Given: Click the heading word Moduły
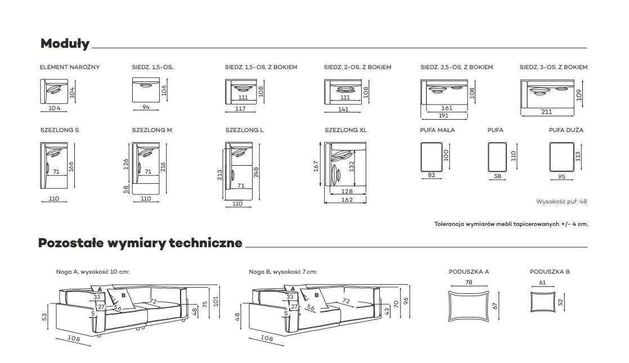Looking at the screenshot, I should tap(65, 44).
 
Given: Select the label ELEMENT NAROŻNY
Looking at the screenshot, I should tap(70, 67).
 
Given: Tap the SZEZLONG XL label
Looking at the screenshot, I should tap(345, 130).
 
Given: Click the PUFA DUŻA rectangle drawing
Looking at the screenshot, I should tap(561, 156).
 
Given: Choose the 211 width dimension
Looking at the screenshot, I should tap(546, 112).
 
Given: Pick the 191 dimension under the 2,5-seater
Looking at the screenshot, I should tap(444, 116).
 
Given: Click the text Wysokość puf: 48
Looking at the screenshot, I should tap(561, 201).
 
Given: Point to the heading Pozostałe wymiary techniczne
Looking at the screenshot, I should tap(140, 243).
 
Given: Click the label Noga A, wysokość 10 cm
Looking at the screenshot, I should tap(93, 272).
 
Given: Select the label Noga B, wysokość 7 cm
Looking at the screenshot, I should tap(282, 272).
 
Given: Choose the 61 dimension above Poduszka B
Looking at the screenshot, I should tap(542, 283).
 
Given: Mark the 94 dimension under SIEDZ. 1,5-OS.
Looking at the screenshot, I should tap(146, 107).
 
